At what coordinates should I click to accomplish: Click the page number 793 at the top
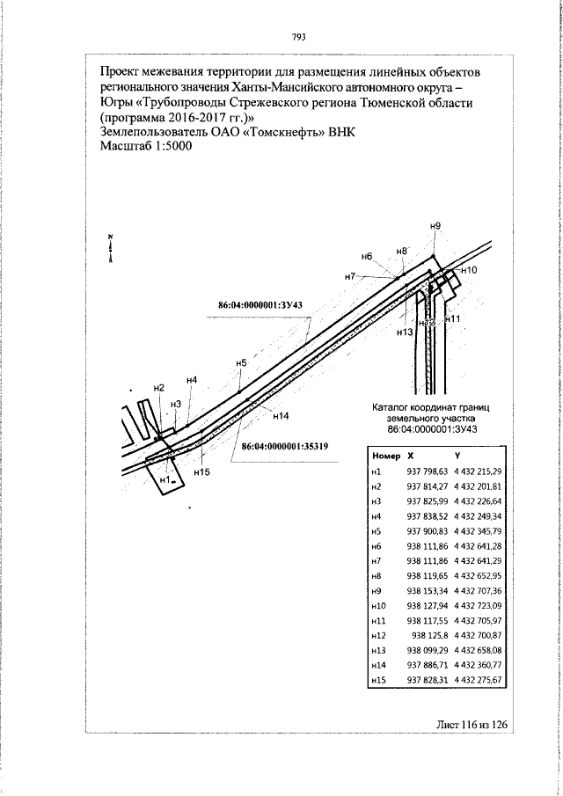click(x=298, y=37)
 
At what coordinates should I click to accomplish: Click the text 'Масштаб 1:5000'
click(x=146, y=146)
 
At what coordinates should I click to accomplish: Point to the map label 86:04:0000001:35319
click(x=284, y=446)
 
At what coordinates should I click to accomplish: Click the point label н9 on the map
click(x=435, y=227)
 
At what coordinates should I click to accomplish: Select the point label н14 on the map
click(x=281, y=414)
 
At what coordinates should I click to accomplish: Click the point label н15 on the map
click(x=201, y=472)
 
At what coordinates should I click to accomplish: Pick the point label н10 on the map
click(x=468, y=270)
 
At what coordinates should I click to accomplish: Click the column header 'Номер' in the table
click(x=387, y=456)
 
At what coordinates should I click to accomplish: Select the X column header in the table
click(x=410, y=456)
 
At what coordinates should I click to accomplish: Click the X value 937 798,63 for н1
click(x=427, y=472)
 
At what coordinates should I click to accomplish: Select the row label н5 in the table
click(x=377, y=532)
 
